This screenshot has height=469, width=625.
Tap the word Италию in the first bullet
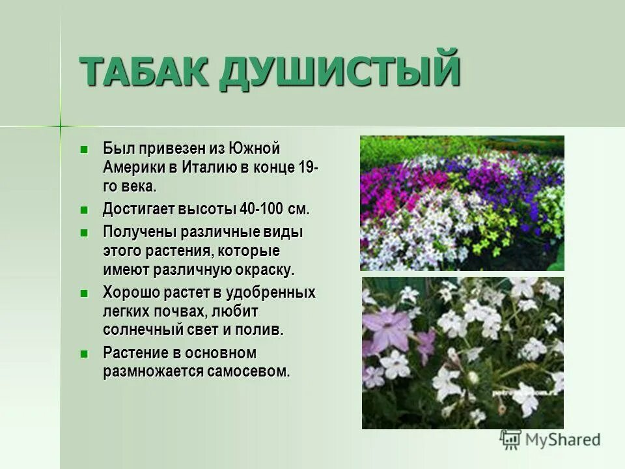pyautogui.click(x=209, y=167)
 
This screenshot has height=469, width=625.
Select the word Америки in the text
pyautogui.click(x=133, y=167)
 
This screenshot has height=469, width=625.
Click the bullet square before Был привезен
pyautogui.click(x=83, y=149)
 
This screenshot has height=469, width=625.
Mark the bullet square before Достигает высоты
pyautogui.click(x=83, y=210)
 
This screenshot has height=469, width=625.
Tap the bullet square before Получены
pyautogui.click(x=83, y=233)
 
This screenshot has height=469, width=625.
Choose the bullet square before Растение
pyautogui.click(x=83, y=354)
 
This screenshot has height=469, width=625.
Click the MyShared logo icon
pyautogui.click(x=510, y=440)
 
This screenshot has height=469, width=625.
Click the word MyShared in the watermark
pyautogui.click(x=564, y=440)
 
